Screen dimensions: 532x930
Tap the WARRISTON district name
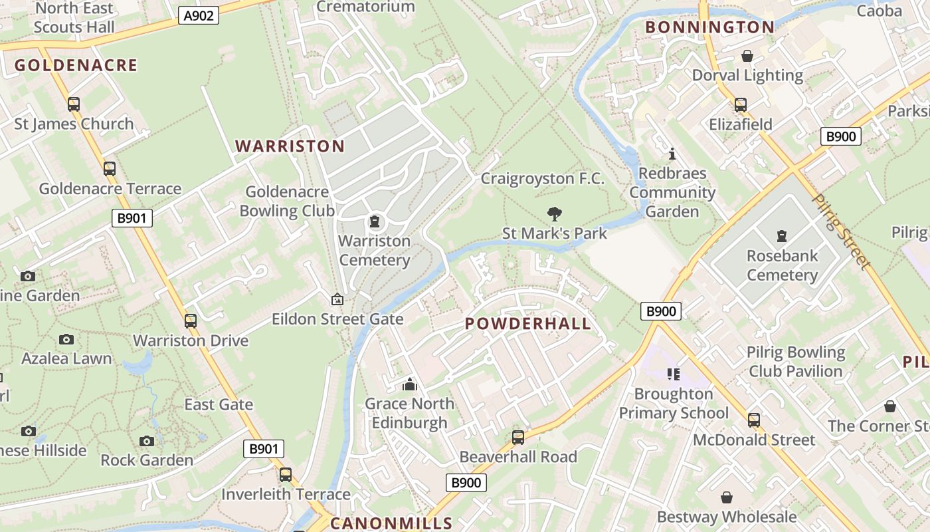point(290,146)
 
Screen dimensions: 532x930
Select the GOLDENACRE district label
point(76,65)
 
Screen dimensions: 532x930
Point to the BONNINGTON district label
point(709,27)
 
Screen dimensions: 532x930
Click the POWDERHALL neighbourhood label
point(527,324)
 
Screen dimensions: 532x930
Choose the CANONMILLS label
point(391,523)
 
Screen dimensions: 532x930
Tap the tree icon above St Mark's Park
point(554,214)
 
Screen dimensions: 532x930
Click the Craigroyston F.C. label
point(542,178)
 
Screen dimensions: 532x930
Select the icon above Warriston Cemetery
point(375,221)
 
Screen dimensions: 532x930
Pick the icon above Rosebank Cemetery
point(782,236)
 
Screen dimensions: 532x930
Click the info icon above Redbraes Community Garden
point(672,154)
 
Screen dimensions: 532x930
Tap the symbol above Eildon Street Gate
point(337,300)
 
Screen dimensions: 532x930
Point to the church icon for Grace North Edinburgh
point(409,384)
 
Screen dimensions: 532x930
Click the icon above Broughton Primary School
point(674,374)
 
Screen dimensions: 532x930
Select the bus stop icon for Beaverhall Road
point(518,438)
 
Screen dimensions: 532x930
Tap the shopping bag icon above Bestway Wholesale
point(727,497)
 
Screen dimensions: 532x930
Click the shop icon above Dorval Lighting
point(747,56)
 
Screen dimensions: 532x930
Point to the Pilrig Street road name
point(841,231)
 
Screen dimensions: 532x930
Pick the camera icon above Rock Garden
point(147,441)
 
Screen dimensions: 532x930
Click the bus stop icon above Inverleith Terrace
point(286,475)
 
